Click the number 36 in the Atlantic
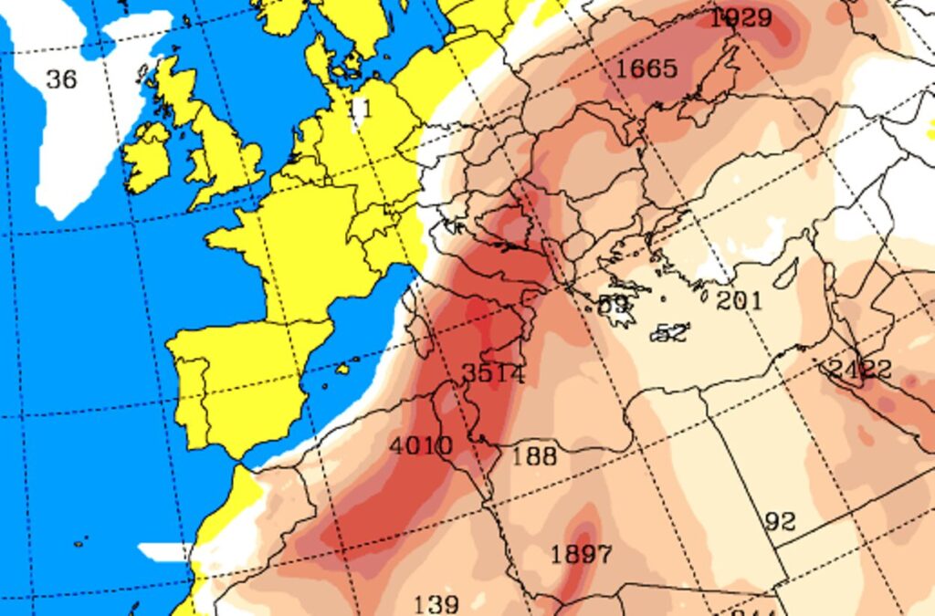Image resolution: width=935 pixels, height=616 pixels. tap(61, 79)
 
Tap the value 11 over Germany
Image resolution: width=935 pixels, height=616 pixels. tap(361, 109)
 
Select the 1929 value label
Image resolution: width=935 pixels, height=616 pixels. tap(741, 17)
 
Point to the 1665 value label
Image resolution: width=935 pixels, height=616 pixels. tap(646, 68)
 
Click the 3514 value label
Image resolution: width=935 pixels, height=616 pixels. tap(493, 373)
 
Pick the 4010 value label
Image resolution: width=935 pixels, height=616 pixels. tap(421, 446)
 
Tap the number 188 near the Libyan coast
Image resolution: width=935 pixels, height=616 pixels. tap(534, 455)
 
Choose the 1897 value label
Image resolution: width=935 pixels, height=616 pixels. tap(582, 554)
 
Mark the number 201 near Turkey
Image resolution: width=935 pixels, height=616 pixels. tap(739, 299)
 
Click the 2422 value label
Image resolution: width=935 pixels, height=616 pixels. tap(859, 369)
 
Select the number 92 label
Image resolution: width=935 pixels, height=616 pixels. tap(780, 522)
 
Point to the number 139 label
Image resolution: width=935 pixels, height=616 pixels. tap(436, 604)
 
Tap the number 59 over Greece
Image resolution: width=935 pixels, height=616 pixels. tap(615, 305)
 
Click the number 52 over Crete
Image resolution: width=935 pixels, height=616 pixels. tap(671, 333)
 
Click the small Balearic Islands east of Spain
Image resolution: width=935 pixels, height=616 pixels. tap(342, 370)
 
